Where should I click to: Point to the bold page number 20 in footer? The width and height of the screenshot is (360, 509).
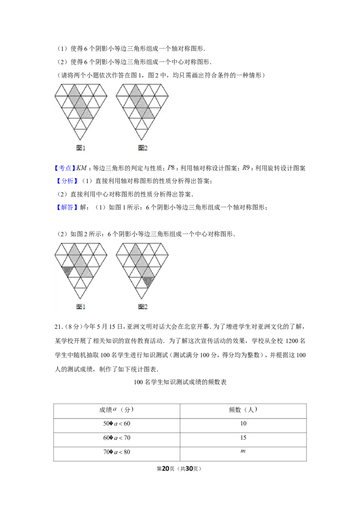166,469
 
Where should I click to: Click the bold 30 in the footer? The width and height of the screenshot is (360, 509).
189,469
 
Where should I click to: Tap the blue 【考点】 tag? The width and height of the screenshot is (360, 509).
64,168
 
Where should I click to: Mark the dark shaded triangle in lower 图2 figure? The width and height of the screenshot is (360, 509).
148,281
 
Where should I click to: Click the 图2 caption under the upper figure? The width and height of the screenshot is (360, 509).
143,147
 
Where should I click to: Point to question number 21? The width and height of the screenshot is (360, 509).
58,326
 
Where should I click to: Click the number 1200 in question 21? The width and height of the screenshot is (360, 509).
292,341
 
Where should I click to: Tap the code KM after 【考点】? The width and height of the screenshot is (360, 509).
81,168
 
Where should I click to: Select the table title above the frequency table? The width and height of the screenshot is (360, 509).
180,382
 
